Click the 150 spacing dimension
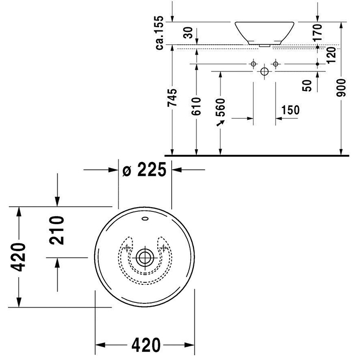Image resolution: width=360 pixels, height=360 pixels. click(291, 110)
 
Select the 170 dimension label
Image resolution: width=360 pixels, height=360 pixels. click(317, 32)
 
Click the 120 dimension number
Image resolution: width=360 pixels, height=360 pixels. click(330, 53)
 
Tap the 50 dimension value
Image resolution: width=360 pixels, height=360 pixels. click(308, 85)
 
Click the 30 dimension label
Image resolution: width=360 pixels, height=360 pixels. click(188, 33)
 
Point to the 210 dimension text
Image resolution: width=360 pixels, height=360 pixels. click(57, 231)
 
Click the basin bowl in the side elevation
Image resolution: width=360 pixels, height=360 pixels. click(264, 32)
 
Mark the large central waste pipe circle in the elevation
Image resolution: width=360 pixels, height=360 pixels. click(264, 71)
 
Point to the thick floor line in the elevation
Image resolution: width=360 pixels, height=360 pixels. click(257, 154)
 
